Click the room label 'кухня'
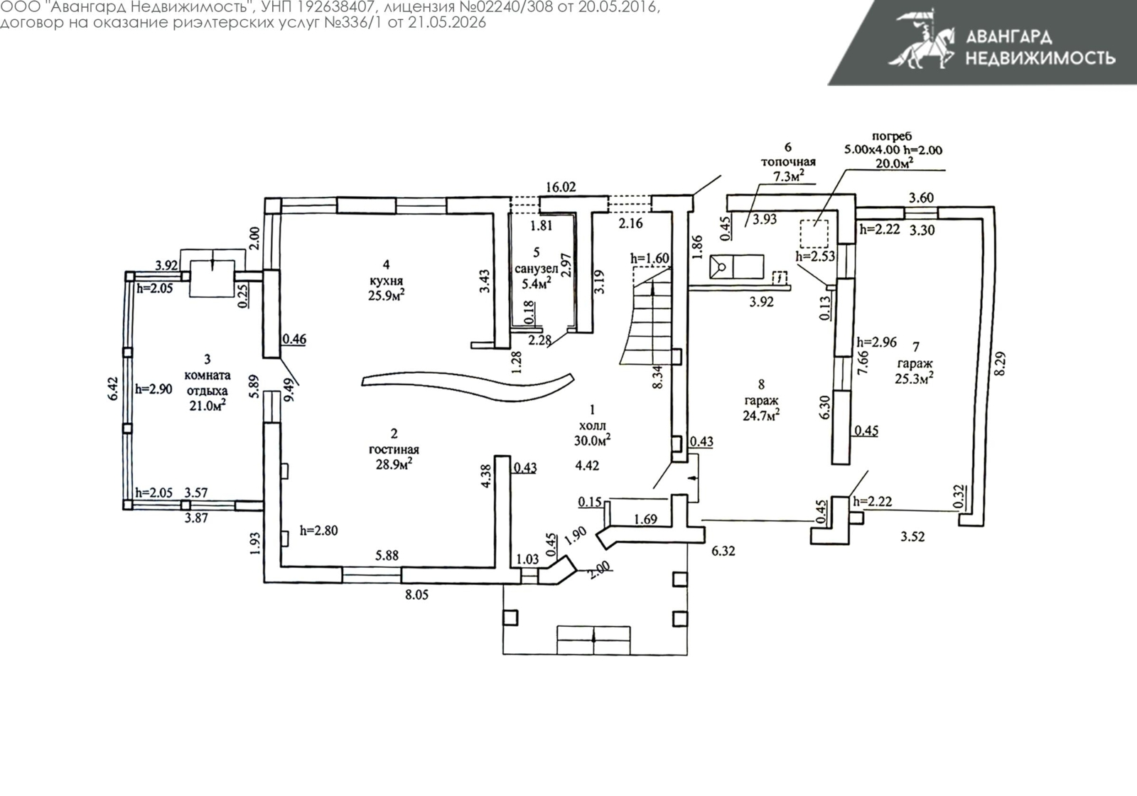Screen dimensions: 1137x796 click(x=387, y=280)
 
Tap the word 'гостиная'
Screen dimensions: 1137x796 click(x=394, y=449)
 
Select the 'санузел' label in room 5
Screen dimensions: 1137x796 click(x=537, y=269)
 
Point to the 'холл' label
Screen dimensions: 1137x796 click(x=593, y=426)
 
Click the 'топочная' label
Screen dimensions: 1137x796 click(x=788, y=162)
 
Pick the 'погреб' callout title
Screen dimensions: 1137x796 click(x=892, y=136)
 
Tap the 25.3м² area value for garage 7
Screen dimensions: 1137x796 click(x=915, y=378)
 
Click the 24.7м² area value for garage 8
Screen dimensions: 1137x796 click(x=761, y=415)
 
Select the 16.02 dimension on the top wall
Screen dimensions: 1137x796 click(x=561, y=187)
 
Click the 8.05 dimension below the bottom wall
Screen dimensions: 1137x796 click(x=416, y=594)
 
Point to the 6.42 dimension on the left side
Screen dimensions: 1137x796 click(x=113, y=388)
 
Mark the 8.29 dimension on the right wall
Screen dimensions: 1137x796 click(x=1000, y=363)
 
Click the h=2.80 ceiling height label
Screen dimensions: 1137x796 click(x=319, y=530)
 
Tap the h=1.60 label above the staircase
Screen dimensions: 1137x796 click(x=650, y=259)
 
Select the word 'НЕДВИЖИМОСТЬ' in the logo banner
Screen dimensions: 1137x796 click(x=1040, y=58)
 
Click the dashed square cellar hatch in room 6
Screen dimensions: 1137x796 click(x=814, y=234)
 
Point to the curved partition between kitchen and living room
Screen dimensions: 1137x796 click(x=468, y=387)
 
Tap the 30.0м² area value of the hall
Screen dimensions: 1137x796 click(x=593, y=440)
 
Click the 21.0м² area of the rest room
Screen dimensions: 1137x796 click(x=208, y=405)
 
